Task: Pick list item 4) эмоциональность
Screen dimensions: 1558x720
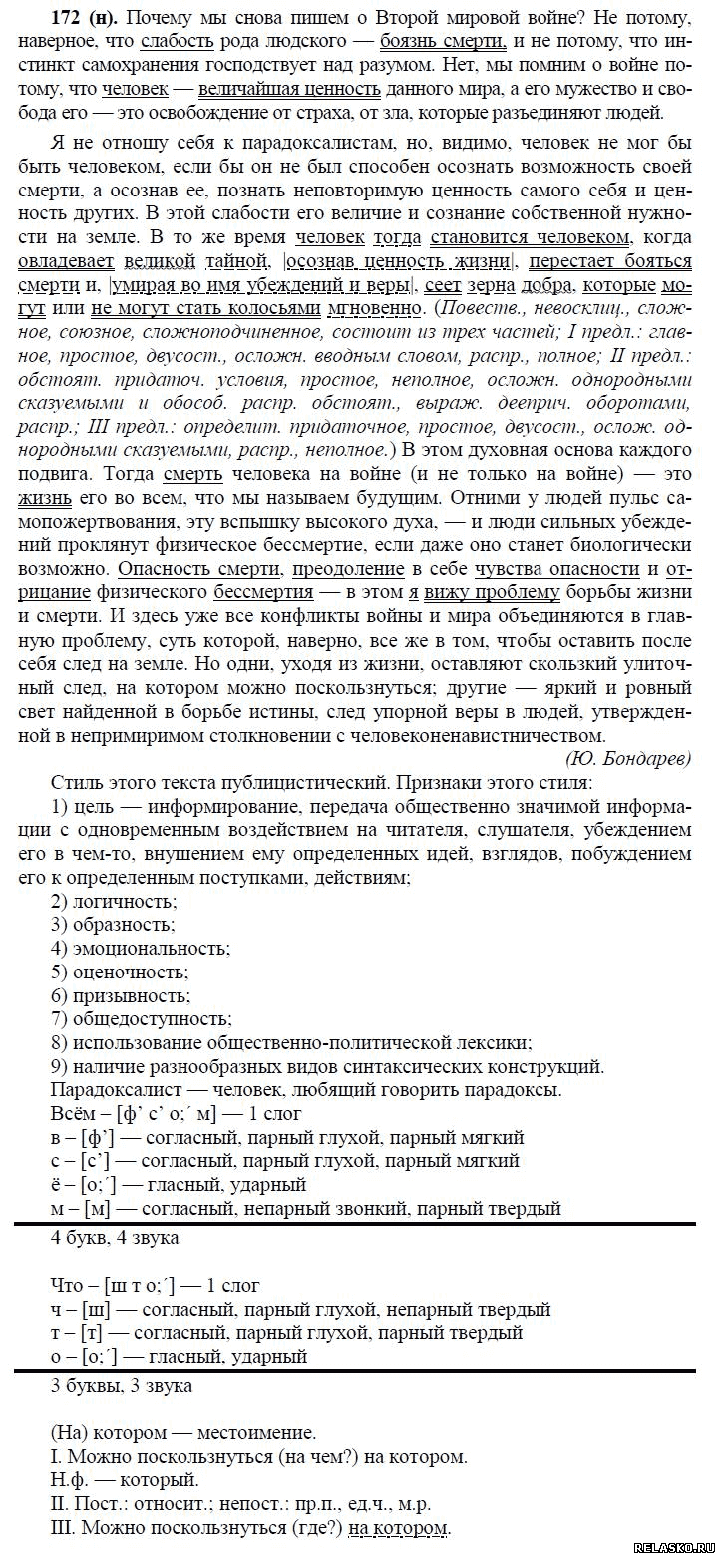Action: click(x=140, y=948)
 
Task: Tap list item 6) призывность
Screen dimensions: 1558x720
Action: click(x=121, y=994)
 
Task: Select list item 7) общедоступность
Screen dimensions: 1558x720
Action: click(x=141, y=1018)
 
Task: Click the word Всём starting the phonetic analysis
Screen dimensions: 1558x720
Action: click(x=71, y=1113)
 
